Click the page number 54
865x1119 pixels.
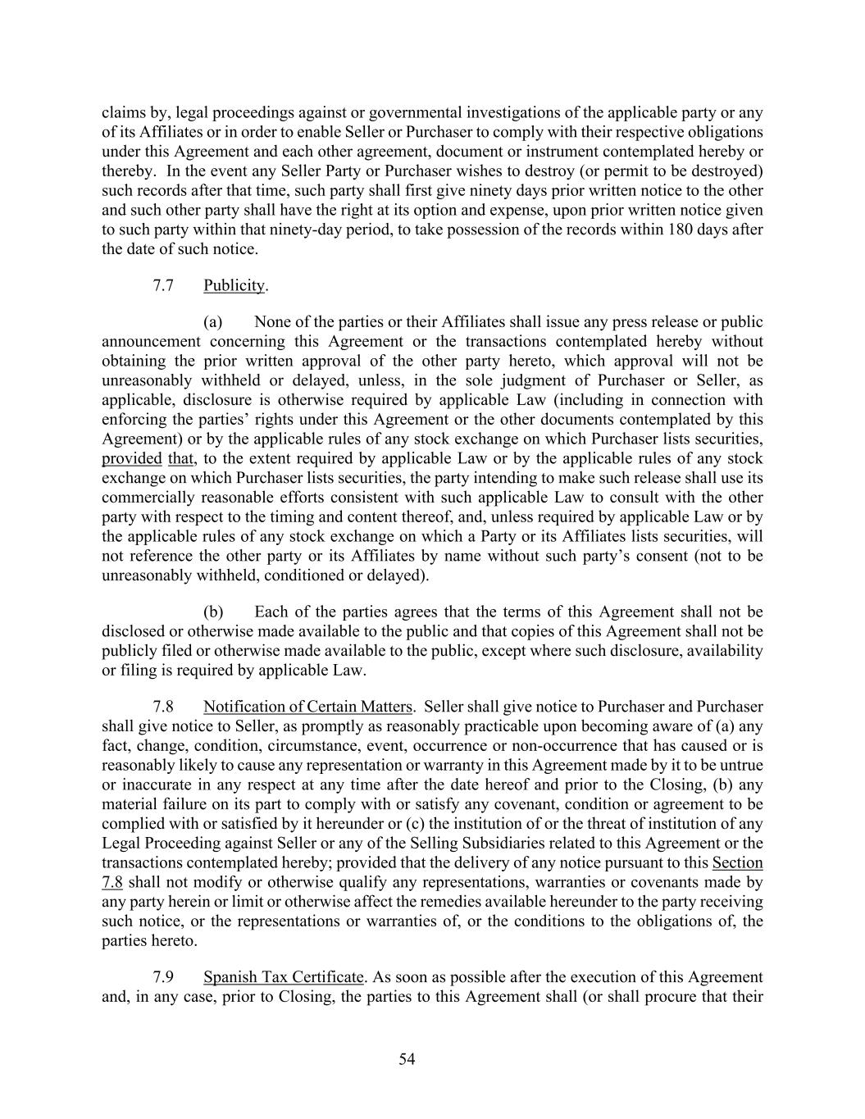click(407, 1059)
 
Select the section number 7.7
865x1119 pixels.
click(163, 285)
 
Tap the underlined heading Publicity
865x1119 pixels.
click(234, 285)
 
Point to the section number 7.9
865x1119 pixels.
click(163, 977)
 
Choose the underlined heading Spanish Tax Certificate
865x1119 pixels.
click(283, 977)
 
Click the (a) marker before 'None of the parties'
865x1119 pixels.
click(212, 321)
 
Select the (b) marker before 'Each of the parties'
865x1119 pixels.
click(213, 612)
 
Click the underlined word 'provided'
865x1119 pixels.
click(131, 458)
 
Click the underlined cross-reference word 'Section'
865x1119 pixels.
click(738, 862)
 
